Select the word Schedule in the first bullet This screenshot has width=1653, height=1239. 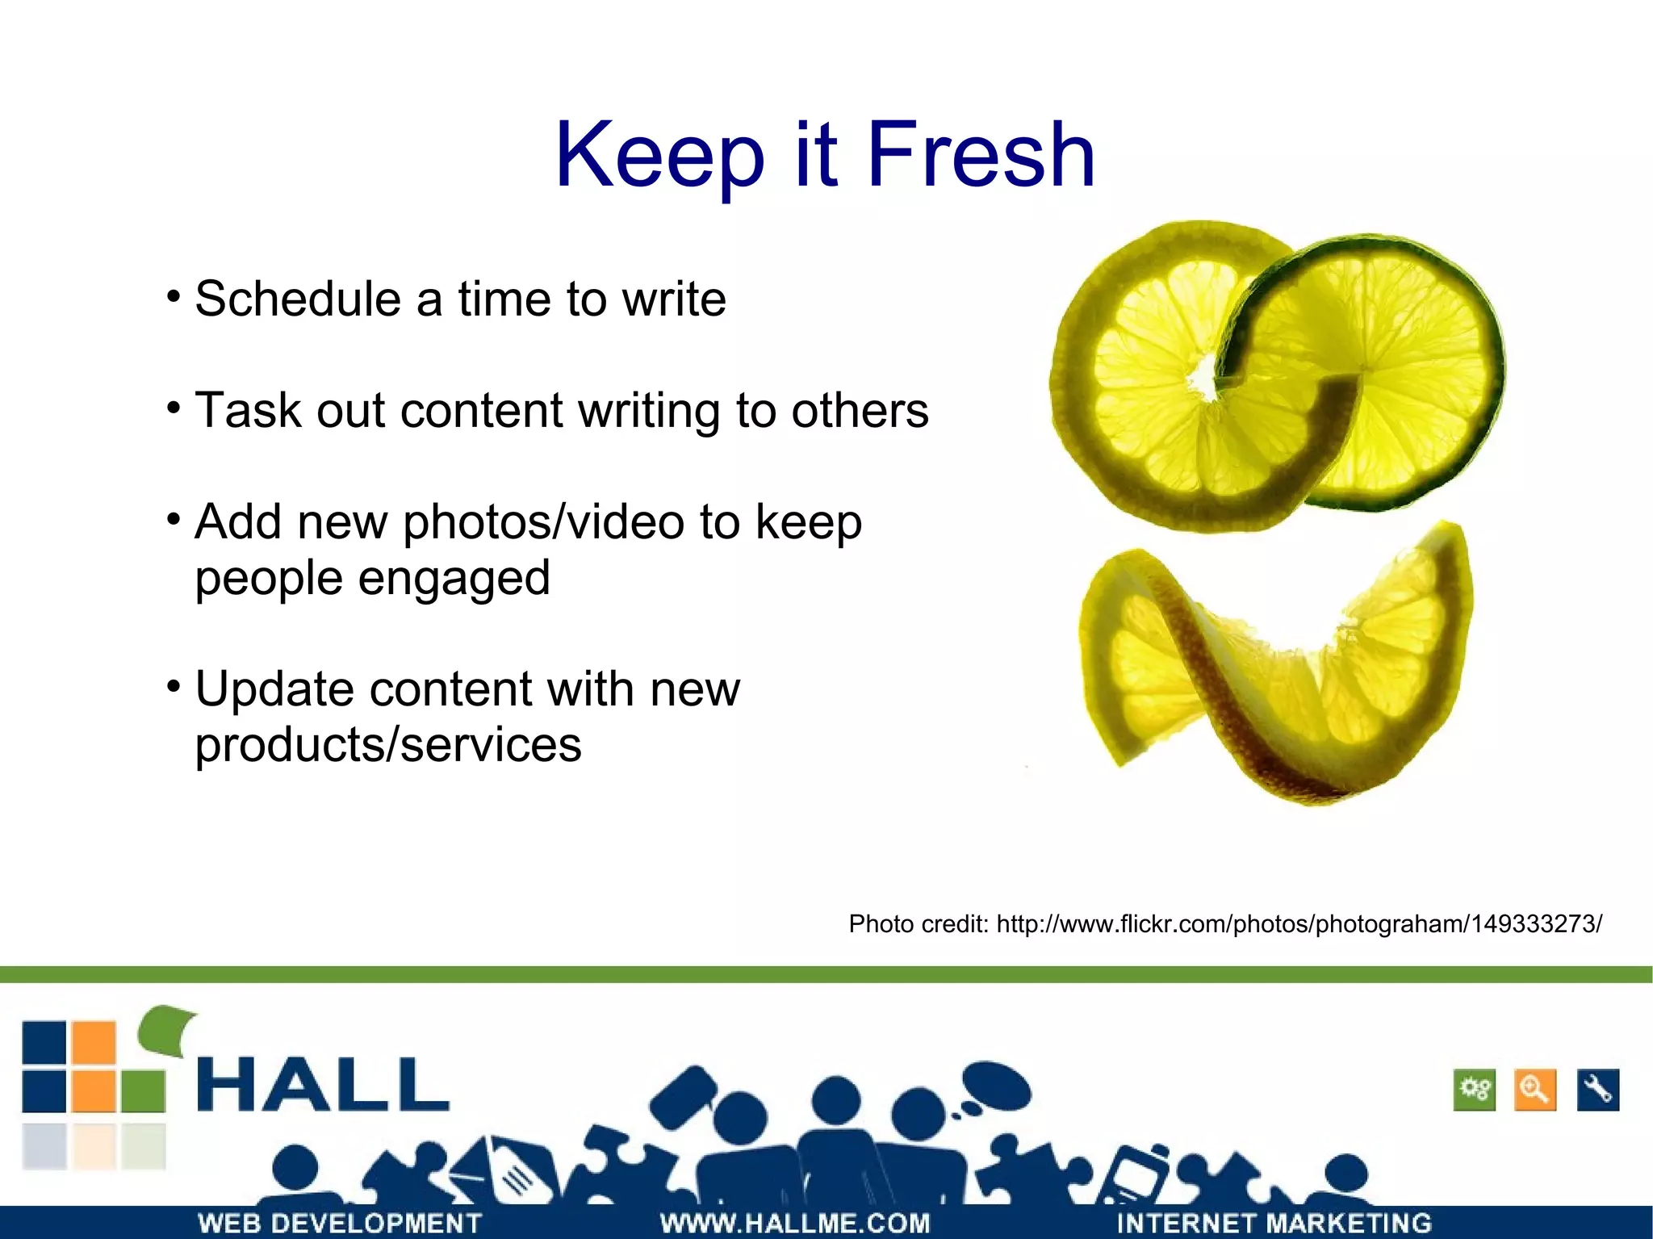click(297, 299)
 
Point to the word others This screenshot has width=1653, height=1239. click(860, 411)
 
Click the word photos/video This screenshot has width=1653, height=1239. click(543, 522)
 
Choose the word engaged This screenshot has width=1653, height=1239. click(454, 578)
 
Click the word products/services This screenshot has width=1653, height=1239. click(387, 744)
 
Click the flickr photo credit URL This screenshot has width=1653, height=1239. click(1299, 923)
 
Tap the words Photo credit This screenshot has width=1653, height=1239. click(918, 923)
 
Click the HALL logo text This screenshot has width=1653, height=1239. click(323, 1086)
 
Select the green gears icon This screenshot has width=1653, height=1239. click(1474, 1090)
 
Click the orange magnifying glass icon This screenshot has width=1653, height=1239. click(1534, 1090)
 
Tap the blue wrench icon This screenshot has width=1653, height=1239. click(1597, 1090)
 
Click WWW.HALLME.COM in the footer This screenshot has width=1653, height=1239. click(794, 1223)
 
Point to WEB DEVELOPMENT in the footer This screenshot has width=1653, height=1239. click(340, 1223)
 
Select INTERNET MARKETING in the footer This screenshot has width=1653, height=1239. click(1274, 1223)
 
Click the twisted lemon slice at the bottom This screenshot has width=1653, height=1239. click(1275, 670)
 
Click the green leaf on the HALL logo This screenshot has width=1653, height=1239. click(168, 1029)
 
